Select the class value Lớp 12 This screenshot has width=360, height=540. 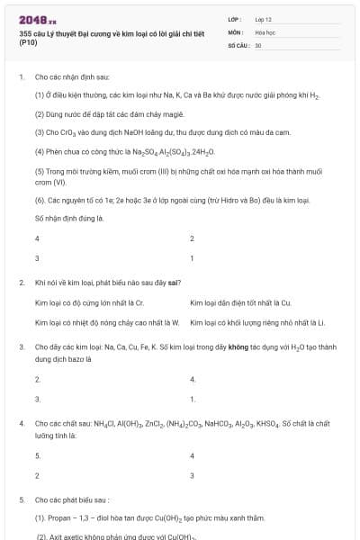coord(264,18)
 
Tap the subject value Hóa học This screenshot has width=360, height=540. coord(265,31)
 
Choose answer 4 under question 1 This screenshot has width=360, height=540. coord(37,238)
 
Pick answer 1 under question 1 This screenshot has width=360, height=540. coord(192,258)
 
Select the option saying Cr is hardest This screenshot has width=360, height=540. coord(83,302)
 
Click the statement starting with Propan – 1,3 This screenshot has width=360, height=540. coord(149,518)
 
